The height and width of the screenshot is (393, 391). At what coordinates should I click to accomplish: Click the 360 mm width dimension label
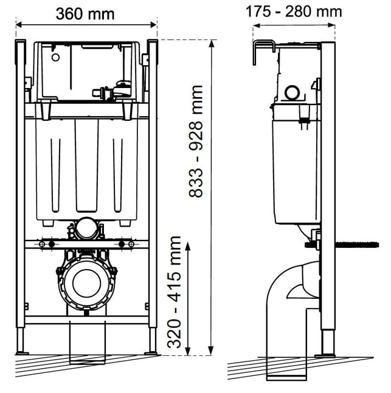[x=85, y=14]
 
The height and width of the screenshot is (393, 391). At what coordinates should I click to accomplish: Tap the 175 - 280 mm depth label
[x=294, y=12]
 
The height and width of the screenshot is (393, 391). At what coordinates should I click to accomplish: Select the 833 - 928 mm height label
[x=196, y=142]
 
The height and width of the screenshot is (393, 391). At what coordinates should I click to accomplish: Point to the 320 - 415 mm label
[x=174, y=292]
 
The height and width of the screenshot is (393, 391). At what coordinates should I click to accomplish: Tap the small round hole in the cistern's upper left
[x=55, y=57]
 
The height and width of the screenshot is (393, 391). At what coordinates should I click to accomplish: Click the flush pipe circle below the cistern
[x=86, y=228]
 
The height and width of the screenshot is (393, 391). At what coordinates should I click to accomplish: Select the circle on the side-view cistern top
[x=292, y=92]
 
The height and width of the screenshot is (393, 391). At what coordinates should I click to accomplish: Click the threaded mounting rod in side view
[x=342, y=245]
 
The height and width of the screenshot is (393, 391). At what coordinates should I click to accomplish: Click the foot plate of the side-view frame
[x=325, y=356]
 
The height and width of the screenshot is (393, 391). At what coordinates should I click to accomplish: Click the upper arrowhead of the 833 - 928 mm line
[x=212, y=44]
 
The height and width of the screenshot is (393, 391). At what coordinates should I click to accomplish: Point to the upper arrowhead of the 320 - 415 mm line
[x=188, y=246]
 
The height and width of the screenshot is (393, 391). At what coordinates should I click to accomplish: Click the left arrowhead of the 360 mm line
[x=20, y=25]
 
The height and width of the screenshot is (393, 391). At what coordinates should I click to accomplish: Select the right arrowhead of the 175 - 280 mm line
[x=331, y=25]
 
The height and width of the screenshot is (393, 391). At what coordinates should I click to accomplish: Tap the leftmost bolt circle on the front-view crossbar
[x=42, y=244]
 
